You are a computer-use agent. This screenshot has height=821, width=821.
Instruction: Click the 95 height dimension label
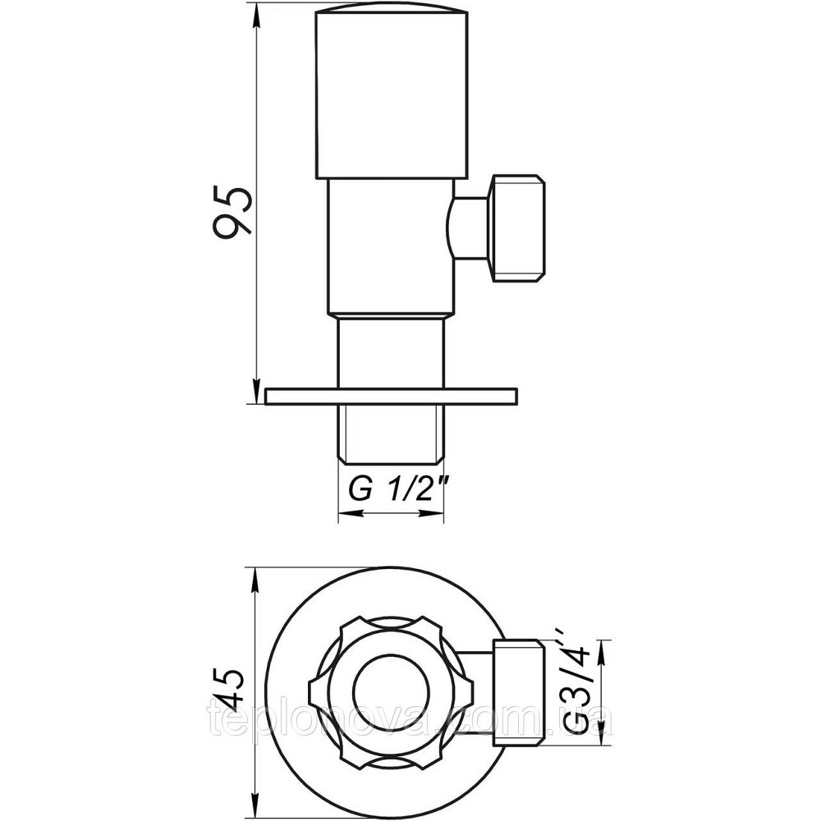tap(231, 212)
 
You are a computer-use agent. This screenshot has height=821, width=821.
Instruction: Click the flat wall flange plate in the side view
tap(391, 397)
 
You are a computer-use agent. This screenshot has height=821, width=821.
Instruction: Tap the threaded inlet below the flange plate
tap(391, 434)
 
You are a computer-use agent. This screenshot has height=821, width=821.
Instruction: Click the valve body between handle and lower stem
tap(391, 247)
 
